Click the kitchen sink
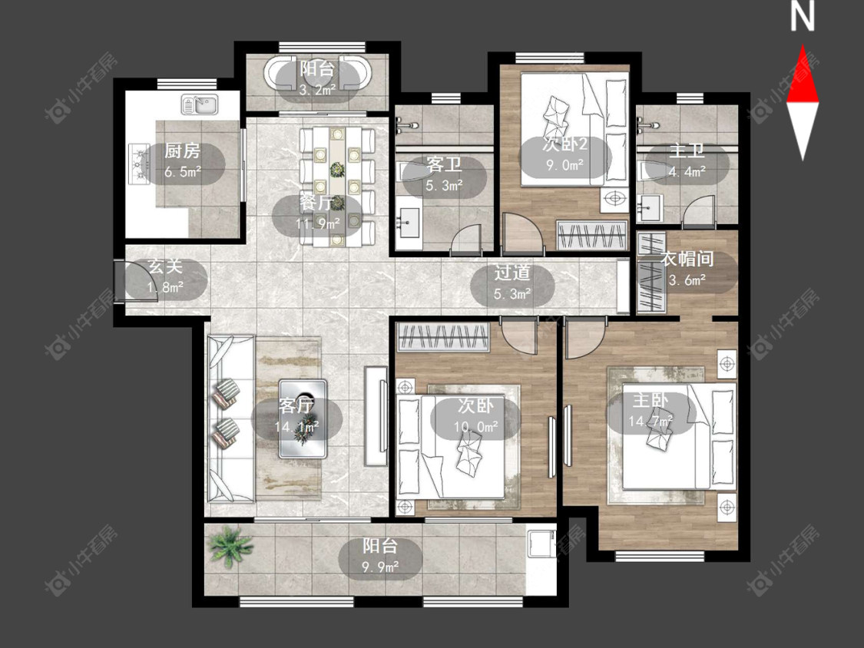pyautogui.click(x=200, y=104)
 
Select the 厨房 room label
pyautogui.click(x=182, y=150)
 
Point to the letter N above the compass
pyautogui.click(x=803, y=17)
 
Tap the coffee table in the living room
pyautogui.click(x=303, y=418)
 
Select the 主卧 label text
pyautogui.click(x=650, y=400)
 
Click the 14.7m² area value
pyautogui.click(x=650, y=422)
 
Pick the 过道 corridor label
pyautogui.click(x=512, y=273)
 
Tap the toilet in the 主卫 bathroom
pyautogui.click(x=645, y=170)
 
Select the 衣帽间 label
pyautogui.click(x=687, y=259)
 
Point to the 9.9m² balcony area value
pyautogui.click(x=380, y=566)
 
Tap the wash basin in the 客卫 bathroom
pyautogui.click(x=409, y=223)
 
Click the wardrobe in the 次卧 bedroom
pyautogui.click(x=444, y=337)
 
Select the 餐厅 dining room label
pyautogui.click(x=317, y=203)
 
